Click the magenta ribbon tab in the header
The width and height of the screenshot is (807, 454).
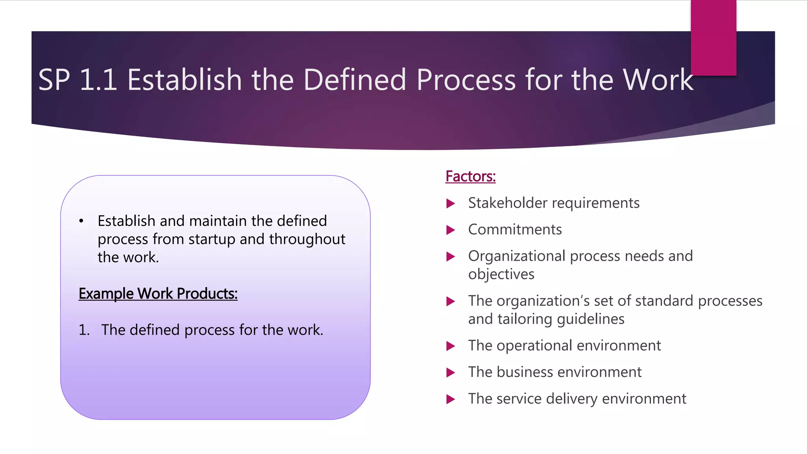[x=713, y=37]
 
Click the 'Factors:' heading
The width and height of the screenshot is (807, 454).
[x=470, y=176]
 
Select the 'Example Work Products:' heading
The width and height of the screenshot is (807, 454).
[x=158, y=294]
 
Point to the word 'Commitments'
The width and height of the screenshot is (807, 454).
[x=515, y=229]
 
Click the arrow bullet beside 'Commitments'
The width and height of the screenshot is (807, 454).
[x=450, y=230]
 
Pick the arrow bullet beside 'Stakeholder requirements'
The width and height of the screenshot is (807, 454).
[x=450, y=203]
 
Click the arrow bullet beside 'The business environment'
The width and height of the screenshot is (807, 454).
[x=450, y=372]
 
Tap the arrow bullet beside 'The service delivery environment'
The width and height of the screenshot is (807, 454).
[x=450, y=399]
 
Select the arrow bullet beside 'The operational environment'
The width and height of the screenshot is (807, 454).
[x=450, y=346]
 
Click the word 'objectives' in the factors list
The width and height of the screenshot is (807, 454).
[x=501, y=274]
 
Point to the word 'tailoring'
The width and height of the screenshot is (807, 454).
[x=525, y=319]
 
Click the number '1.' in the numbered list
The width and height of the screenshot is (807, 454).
[x=84, y=330]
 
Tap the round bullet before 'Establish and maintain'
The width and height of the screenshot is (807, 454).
[x=81, y=221]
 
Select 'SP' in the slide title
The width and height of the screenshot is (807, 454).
[x=54, y=80]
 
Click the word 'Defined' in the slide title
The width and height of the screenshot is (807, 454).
[x=354, y=80]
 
